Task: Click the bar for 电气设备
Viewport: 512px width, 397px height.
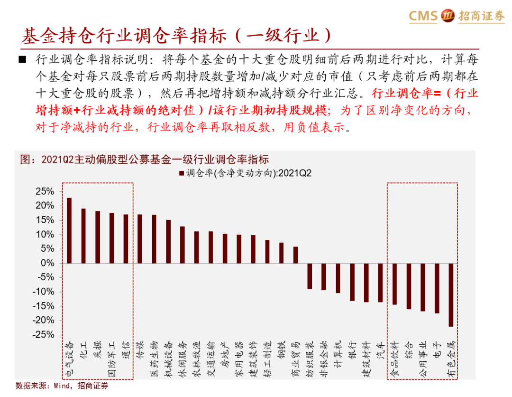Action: (x=69, y=230)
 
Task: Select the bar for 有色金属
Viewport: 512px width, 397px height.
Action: (x=450, y=294)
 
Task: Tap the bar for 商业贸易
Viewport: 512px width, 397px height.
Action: (x=295, y=255)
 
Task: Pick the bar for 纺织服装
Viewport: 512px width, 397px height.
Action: (x=310, y=276)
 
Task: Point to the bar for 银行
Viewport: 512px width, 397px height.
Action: (x=352, y=282)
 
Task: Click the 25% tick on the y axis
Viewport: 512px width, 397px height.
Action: (x=44, y=191)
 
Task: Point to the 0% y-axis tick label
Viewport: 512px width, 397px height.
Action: (x=47, y=263)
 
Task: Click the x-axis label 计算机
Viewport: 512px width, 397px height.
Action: (x=338, y=354)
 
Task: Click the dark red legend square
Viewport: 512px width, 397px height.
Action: (x=181, y=173)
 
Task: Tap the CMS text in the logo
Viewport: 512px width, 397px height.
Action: (x=423, y=16)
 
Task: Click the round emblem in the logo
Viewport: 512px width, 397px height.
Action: (x=448, y=16)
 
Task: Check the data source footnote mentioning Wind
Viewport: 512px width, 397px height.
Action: (x=62, y=386)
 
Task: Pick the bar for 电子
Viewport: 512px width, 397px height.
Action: (x=436, y=288)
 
